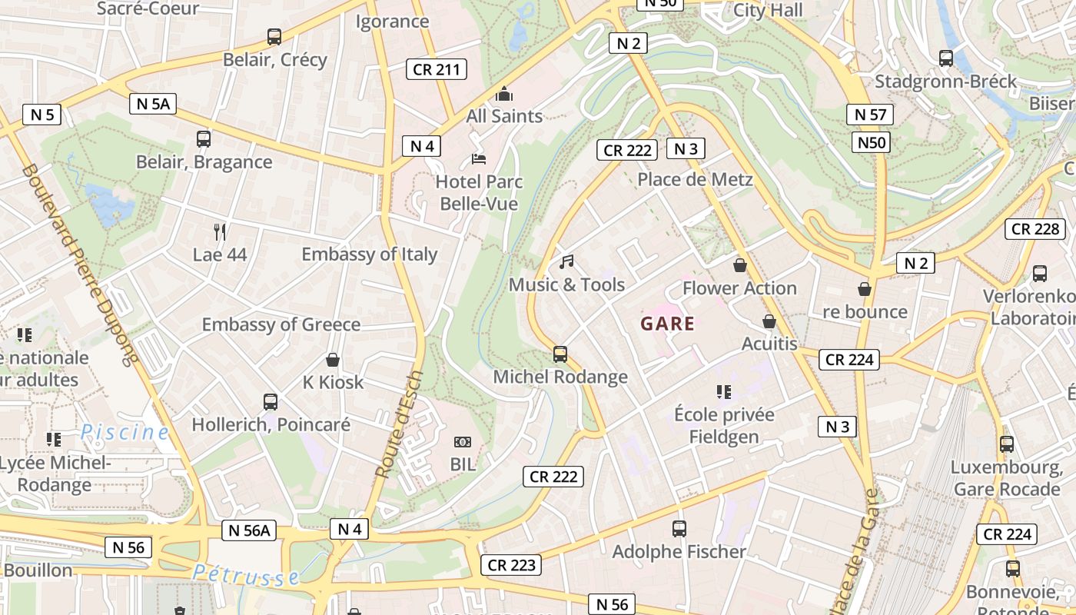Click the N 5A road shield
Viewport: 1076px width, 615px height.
[154, 104]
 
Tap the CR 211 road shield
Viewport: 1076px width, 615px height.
[437, 70]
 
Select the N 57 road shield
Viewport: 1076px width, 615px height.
[871, 115]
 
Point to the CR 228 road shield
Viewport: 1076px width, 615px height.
[1035, 229]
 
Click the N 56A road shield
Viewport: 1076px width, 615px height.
[249, 530]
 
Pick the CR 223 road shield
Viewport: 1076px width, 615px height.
[512, 566]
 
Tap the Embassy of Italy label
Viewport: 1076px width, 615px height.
[369, 254]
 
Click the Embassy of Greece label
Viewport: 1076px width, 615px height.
[281, 324]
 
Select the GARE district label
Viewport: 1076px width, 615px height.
[667, 324]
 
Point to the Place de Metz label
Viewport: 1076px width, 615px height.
[695, 180]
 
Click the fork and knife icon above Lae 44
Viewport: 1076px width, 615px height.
[220, 231]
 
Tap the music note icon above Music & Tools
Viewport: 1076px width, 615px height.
[566, 262]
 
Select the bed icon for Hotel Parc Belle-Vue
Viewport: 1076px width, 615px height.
[478, 159]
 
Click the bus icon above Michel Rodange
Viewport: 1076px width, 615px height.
[560, 354]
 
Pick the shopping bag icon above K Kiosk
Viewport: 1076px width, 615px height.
[333, 360]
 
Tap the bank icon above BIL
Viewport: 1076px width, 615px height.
[462, 442]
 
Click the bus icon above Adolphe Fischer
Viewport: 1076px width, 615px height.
[679, 529]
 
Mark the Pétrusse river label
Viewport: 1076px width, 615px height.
[245, 574]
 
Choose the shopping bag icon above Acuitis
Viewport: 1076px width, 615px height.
[769, 321]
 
